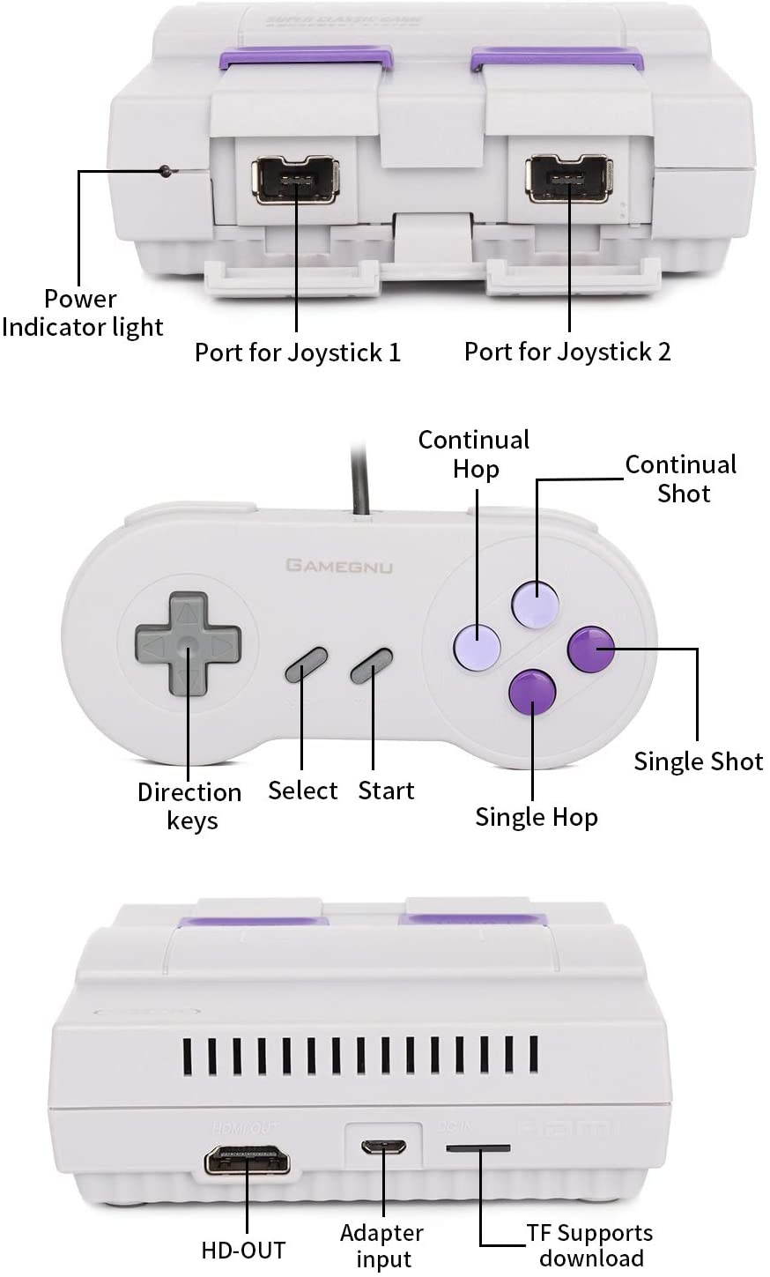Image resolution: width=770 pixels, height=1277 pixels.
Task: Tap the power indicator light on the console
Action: [165, 171]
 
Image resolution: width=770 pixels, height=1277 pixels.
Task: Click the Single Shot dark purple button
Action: [591, 650]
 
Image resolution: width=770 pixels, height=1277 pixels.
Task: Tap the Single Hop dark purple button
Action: [533, 691]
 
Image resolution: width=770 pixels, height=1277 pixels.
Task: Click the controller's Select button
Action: [306, 664]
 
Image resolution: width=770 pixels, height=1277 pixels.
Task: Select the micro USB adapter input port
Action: [383, 1147]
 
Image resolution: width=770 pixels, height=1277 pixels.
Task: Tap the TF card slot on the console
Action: [478, 1148]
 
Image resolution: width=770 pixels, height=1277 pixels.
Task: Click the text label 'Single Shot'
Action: [698, 761]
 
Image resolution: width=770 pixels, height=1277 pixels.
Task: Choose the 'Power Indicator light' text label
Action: [82, 313]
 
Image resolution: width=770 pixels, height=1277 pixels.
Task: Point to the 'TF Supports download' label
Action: [590, 1245]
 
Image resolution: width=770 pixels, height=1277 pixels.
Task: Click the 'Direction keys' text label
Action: [189, 806]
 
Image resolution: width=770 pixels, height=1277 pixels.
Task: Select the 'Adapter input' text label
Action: [381, 1246]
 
